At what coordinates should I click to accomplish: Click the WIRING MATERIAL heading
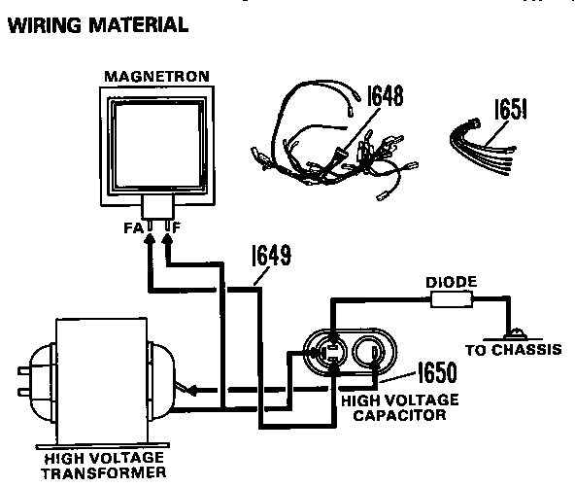pyautogui.click(x=97, y=25)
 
